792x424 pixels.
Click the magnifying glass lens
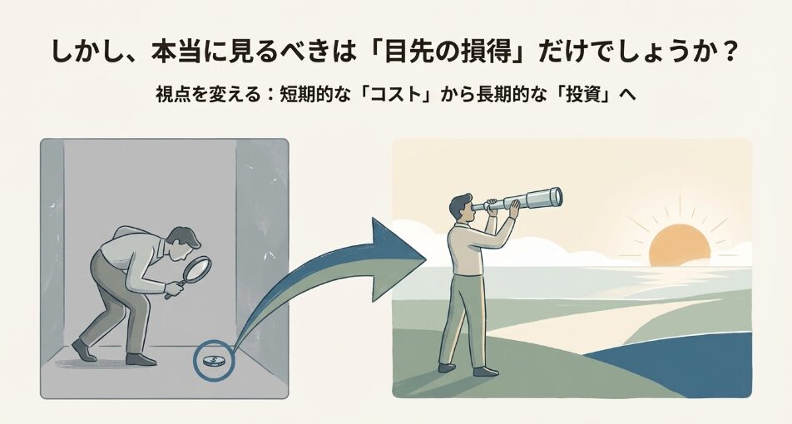197,270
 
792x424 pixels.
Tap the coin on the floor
210,361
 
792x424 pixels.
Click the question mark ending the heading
729,52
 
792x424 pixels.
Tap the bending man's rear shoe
83,350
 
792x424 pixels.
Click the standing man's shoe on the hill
447,367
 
